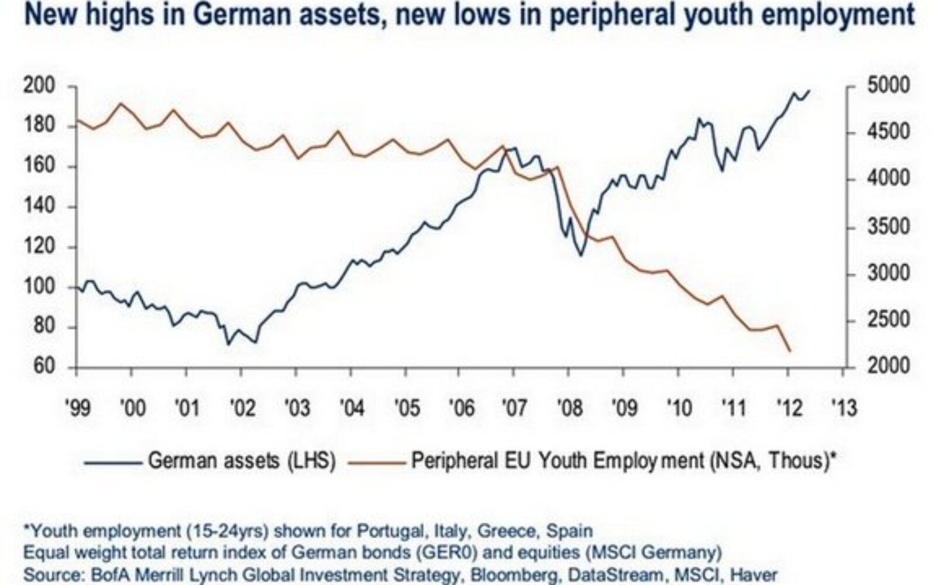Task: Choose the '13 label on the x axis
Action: tap(842, 407)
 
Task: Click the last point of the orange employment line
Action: tap(790, 351)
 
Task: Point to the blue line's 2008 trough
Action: tap(581, 255)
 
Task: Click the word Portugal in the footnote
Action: tap(386, 531)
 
